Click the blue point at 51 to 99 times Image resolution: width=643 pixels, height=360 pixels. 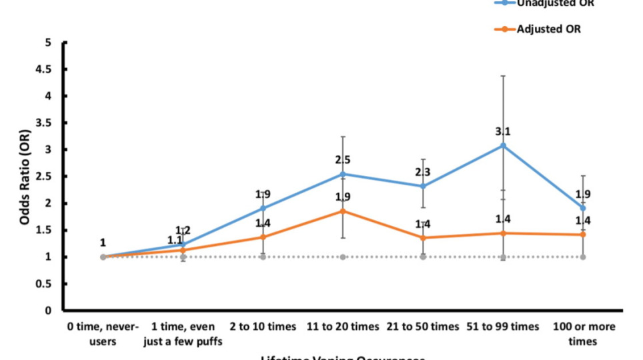pos(503,145)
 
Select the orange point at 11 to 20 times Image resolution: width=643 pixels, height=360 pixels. pos(343,211)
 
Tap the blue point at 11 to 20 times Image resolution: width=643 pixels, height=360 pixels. pos(343,174)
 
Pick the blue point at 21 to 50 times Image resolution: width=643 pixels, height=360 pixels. pos(423,186)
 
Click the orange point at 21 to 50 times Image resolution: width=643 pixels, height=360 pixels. pos(423,237)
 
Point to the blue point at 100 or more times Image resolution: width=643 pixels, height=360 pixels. pos(583,208)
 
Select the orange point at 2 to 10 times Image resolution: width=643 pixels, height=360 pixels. pos(263,237)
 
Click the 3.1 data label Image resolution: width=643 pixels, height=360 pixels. pos(503,132)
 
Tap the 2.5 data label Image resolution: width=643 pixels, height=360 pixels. pos(343,160)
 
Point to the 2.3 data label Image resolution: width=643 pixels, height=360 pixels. pos(423,172)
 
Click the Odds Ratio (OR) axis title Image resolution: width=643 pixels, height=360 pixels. pos(25,176)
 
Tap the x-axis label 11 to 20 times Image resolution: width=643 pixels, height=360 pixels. pos(343,327)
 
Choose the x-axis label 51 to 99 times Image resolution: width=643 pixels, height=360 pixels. pos(503,327)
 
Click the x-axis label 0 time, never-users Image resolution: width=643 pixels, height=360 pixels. pos(103,334)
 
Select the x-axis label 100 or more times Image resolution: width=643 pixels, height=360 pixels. pos(583,334)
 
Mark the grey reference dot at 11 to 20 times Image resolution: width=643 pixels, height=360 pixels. pos(343,257)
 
